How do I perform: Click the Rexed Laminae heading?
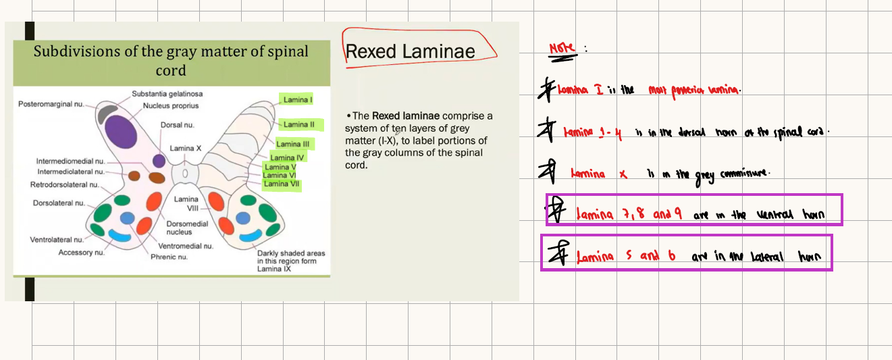pyautogui.click(x=411, y=52)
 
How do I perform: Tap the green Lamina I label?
pyautogui.click(x=298, y=100)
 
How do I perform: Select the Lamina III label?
pyautogui.click(x=293, y=144)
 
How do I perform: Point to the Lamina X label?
pyautogui.click(x=185, y=149)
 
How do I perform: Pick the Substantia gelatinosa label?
pyautogui.click(x=167, y=94)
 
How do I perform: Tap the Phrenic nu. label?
pyautogui.click(x=169, y=257)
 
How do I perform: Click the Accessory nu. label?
pyautogui.click(x=81, y=253)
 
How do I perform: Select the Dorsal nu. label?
pyautogui.click(x=178, y=125)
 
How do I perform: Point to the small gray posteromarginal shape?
pyautogui.click(x=107, y=114)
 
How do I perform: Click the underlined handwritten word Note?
pyautogui.click(x=562, y=49)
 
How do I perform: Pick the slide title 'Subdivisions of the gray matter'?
pyautogui.click(x=171, y=52)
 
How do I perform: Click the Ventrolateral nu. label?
pyautogui.click(x=57, y=240)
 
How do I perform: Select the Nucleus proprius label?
pyautogui.click(x=171, y=106)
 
